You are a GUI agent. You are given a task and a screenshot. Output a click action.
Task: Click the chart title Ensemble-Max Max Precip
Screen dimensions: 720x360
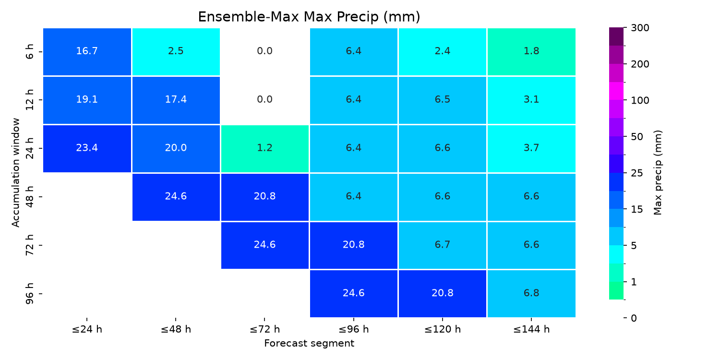coord(309,17)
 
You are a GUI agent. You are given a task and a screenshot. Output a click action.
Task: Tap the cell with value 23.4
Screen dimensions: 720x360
coord(87,148)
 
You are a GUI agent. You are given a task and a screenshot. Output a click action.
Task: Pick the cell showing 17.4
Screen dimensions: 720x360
coord(176,100)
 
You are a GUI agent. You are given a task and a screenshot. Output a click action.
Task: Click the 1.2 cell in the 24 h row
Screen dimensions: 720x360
coord(265,148)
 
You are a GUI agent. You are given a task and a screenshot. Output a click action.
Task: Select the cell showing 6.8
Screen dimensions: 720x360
coord(531,293)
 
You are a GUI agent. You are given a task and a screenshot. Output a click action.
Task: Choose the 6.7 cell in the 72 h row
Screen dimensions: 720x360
coord(443,245)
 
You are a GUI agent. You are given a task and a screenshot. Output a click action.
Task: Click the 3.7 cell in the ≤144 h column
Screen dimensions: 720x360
coord(531,148)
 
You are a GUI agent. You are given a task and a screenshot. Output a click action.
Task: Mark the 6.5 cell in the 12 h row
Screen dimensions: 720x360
coord(443,100)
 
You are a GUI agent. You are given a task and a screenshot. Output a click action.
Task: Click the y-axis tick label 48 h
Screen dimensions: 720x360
coord(29,197)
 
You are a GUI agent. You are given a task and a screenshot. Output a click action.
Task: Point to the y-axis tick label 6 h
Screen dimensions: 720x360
coord(29,52)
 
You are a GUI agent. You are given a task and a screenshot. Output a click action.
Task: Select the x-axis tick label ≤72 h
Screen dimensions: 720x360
coord(265,329)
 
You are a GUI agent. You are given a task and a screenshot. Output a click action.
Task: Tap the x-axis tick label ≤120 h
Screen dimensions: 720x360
coord(443,329)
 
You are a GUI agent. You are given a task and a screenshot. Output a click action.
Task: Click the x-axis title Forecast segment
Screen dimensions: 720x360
coord(309,344)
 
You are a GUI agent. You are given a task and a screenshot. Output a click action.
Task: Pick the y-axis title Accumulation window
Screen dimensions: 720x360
coord(15,173)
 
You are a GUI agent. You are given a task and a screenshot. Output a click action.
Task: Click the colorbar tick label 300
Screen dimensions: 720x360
coord(640,28)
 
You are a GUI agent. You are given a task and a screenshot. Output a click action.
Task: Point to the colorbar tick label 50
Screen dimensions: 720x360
coord(637,137)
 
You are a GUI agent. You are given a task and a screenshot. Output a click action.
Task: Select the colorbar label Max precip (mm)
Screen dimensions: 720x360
coord(658,173)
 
